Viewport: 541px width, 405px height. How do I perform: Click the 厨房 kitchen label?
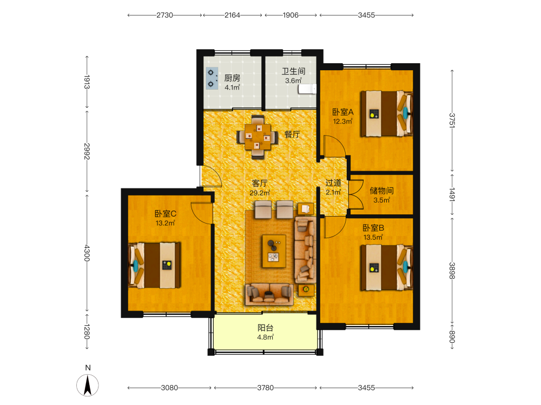tap(232, 78)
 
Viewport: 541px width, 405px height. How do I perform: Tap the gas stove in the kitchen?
tap(212, 78)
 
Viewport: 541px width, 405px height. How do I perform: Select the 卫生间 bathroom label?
tap(293, 71)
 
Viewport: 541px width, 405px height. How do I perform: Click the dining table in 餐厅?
tap(258, 137)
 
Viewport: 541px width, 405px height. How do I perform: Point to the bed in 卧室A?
tap(386, 113)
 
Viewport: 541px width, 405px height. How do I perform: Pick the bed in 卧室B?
tap(386, 268)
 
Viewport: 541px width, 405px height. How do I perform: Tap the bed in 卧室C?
tap(154, 265)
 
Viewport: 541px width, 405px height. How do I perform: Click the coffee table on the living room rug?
tap(274, 251)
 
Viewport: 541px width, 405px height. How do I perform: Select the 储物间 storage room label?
tap(381, 191)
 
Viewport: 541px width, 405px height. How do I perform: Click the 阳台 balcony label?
tap(265, 328)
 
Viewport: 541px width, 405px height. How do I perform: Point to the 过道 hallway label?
tap(333, 183)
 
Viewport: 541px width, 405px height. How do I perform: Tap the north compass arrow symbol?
tap(88, 385)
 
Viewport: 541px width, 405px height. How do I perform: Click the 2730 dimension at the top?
tap(164, 15)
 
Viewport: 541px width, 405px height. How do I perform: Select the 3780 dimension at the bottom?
tap(265, 388)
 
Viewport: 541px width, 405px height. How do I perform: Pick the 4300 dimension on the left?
tap(87, 253)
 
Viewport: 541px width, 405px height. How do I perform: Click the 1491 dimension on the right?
tap(452, 194)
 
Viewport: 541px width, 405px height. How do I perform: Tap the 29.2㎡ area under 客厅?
tap(260, 193)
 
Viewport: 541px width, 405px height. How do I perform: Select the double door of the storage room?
tap(356, 194)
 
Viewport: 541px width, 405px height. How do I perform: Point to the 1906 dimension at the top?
tap(291, 15)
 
